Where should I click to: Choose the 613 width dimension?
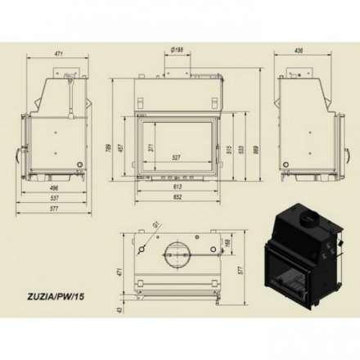coord(178,187)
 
